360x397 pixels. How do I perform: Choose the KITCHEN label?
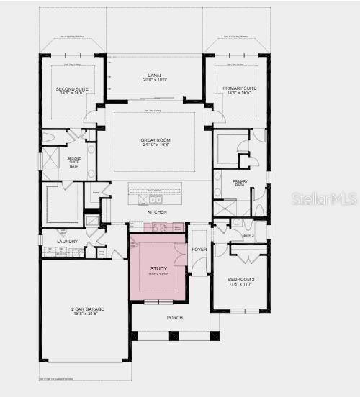(157, 212)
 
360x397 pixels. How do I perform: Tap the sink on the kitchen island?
(156, 199)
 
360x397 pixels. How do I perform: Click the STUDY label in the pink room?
(158, 269)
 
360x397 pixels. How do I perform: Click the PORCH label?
(174, 317)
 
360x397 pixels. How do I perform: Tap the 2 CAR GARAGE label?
(85, 309)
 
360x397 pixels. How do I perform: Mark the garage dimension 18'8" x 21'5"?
(85, 315)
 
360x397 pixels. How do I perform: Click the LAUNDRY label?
(66, 242)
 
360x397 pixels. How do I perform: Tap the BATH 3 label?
(248, 235)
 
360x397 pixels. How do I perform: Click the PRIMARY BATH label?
(240, 183)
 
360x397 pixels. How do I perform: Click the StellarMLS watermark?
(324, 198)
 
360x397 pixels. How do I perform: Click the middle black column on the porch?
(174, 335)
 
